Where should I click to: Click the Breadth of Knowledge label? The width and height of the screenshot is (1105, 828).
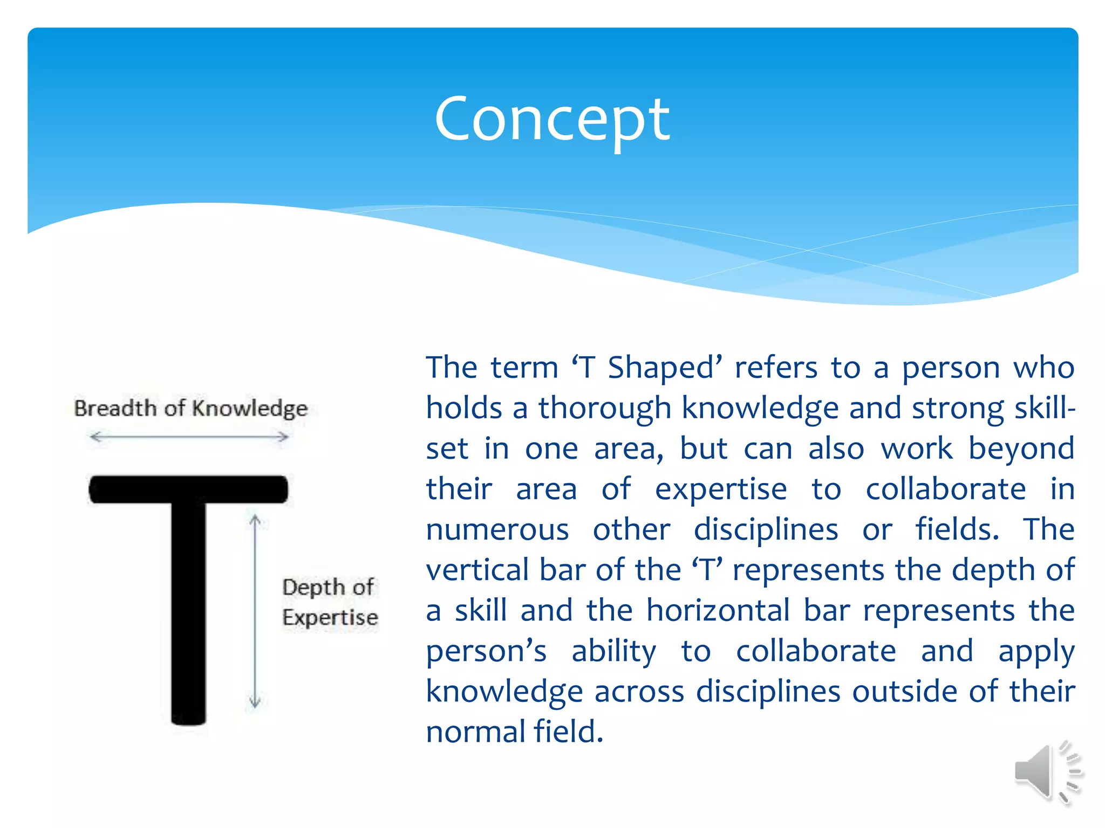coord(190,409)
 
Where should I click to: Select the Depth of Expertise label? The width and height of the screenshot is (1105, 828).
coord(330,602)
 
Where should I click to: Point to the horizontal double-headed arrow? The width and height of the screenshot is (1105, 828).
coord(189,437)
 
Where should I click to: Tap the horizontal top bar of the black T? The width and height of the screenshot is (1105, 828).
coord(188,489)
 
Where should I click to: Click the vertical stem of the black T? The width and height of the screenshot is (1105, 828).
coord(188,615)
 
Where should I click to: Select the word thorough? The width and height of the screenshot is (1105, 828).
coord(604,409)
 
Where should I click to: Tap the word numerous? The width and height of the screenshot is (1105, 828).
coord(497,530)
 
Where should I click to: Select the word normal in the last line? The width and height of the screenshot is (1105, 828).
coord(475,732)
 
